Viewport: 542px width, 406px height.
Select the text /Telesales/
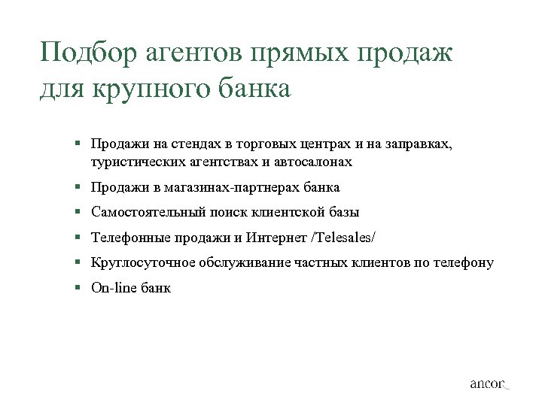343,238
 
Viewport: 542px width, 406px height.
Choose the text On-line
114,287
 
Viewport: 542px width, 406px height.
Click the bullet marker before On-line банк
78,288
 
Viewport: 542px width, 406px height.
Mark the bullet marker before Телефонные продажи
78,238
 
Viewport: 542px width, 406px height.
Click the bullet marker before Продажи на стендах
78,144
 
